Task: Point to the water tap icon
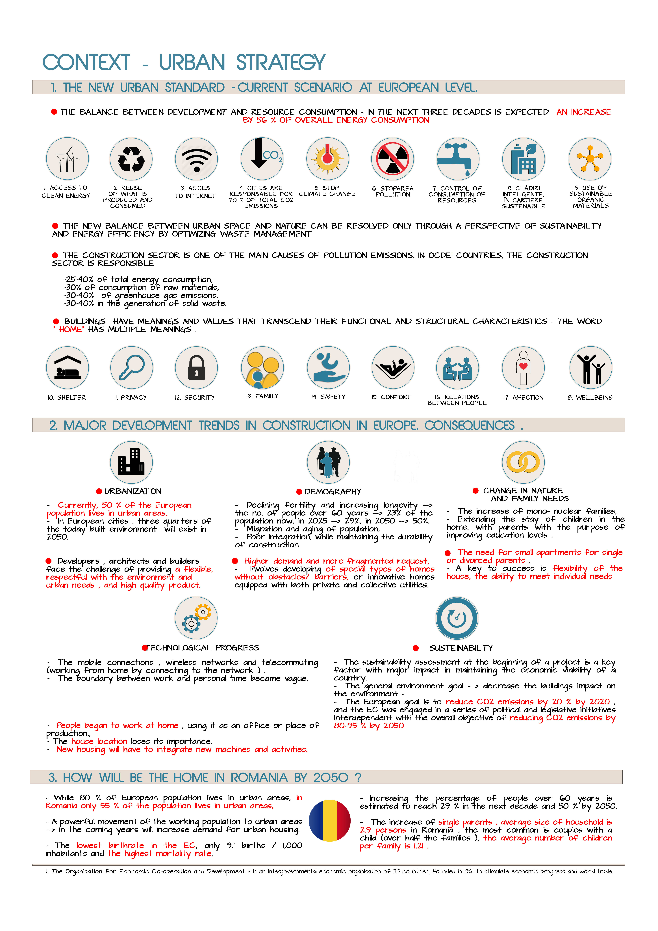[x=458, y=159]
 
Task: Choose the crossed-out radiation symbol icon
[x=392, y=159]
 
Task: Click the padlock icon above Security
[x=197, y=368]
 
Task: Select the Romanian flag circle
[x=330, y=821]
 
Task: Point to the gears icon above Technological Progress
[x=196, y=618]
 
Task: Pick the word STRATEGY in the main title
[x=281, y=63]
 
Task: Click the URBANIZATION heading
[x=133, y=492]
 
